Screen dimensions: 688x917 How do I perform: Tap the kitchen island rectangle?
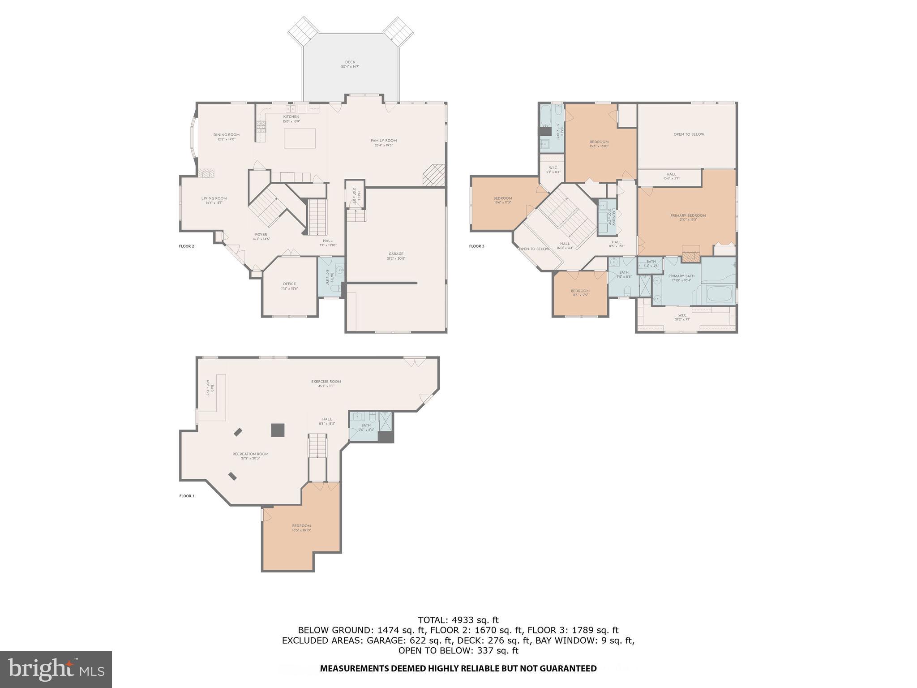coord(300,138)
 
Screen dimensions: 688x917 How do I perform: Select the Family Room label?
coord(384,142)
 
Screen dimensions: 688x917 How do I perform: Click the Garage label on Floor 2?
coord(396,256)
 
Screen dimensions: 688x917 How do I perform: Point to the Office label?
coord(289,286)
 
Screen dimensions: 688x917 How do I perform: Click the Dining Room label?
coord(226,137)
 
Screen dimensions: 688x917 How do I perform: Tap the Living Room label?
coord(214,200)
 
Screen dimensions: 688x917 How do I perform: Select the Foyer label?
coord(261,236)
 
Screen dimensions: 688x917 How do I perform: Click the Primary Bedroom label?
coord(688,217)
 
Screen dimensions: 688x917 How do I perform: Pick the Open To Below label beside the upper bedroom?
coord(689,134)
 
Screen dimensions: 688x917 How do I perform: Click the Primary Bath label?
coord(681,278)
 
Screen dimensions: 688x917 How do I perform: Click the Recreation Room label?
coord(250,456)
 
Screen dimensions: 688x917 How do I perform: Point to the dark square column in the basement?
coord(278,430)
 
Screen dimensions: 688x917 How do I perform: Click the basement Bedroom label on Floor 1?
coord(301,528)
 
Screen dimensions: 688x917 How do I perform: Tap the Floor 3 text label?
coord(476,246)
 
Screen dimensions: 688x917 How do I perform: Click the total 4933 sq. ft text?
coord(458,620)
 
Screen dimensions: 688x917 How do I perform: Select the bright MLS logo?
coord(56,669)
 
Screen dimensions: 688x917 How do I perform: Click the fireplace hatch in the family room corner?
coord(434,175)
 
